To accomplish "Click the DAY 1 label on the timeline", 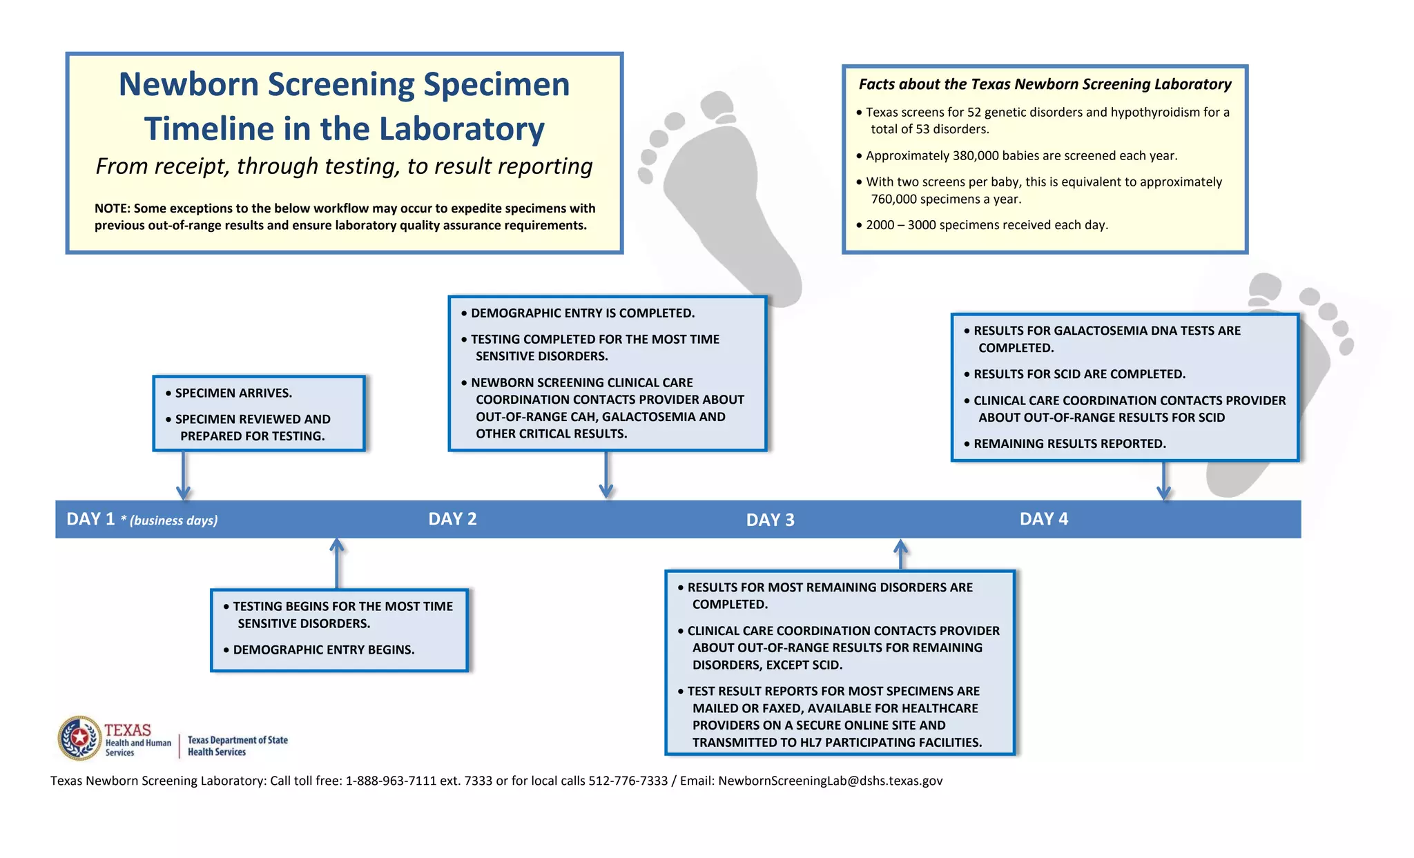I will click(x=90, y=519).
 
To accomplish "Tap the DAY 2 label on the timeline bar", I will click(x=452, y=519).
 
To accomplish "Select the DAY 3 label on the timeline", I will click(x=770, y=520).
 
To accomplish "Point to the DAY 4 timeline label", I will click(x=1043, y=519).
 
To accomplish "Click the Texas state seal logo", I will click(x=80, y=738).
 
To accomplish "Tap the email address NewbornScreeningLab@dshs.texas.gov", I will click(x=830, y=781).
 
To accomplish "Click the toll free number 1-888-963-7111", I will click(x=391, y=781).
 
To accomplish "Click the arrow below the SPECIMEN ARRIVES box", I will click(x=183, y=476).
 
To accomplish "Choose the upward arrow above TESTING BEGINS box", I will click(x=337, y=563).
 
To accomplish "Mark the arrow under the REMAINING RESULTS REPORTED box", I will click(x=1163, y=480).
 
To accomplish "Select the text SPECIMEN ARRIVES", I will click(x=233, y=393).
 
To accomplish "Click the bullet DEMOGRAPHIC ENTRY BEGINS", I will click(x=323, y=650).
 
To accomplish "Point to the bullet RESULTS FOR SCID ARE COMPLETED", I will click(x=1078, y=374).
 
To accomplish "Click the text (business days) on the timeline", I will click(x=173, y=520).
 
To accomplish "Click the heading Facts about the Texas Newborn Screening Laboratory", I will click(x=1045, y=84).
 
